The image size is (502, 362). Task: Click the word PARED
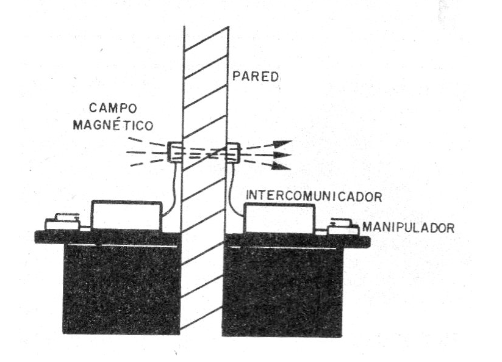point(255,76)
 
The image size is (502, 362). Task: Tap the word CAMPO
point(113,108)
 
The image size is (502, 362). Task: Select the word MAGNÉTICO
point(113,125)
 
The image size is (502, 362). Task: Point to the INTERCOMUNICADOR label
point(314,196)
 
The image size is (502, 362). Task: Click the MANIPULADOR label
point(409,228)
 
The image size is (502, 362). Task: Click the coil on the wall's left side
point(175,152)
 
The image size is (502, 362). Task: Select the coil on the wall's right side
point(234,153)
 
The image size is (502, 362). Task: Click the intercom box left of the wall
point(127,215)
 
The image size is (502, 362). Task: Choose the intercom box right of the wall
point(279,218)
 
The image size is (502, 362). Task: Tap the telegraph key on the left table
point(63,222)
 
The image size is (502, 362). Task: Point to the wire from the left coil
point(173,189)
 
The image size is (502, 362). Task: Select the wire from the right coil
point(233,189)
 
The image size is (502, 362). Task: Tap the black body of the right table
point(282,292)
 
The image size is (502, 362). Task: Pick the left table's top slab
point(108,237)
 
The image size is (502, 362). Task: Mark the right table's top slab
point(298,241)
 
